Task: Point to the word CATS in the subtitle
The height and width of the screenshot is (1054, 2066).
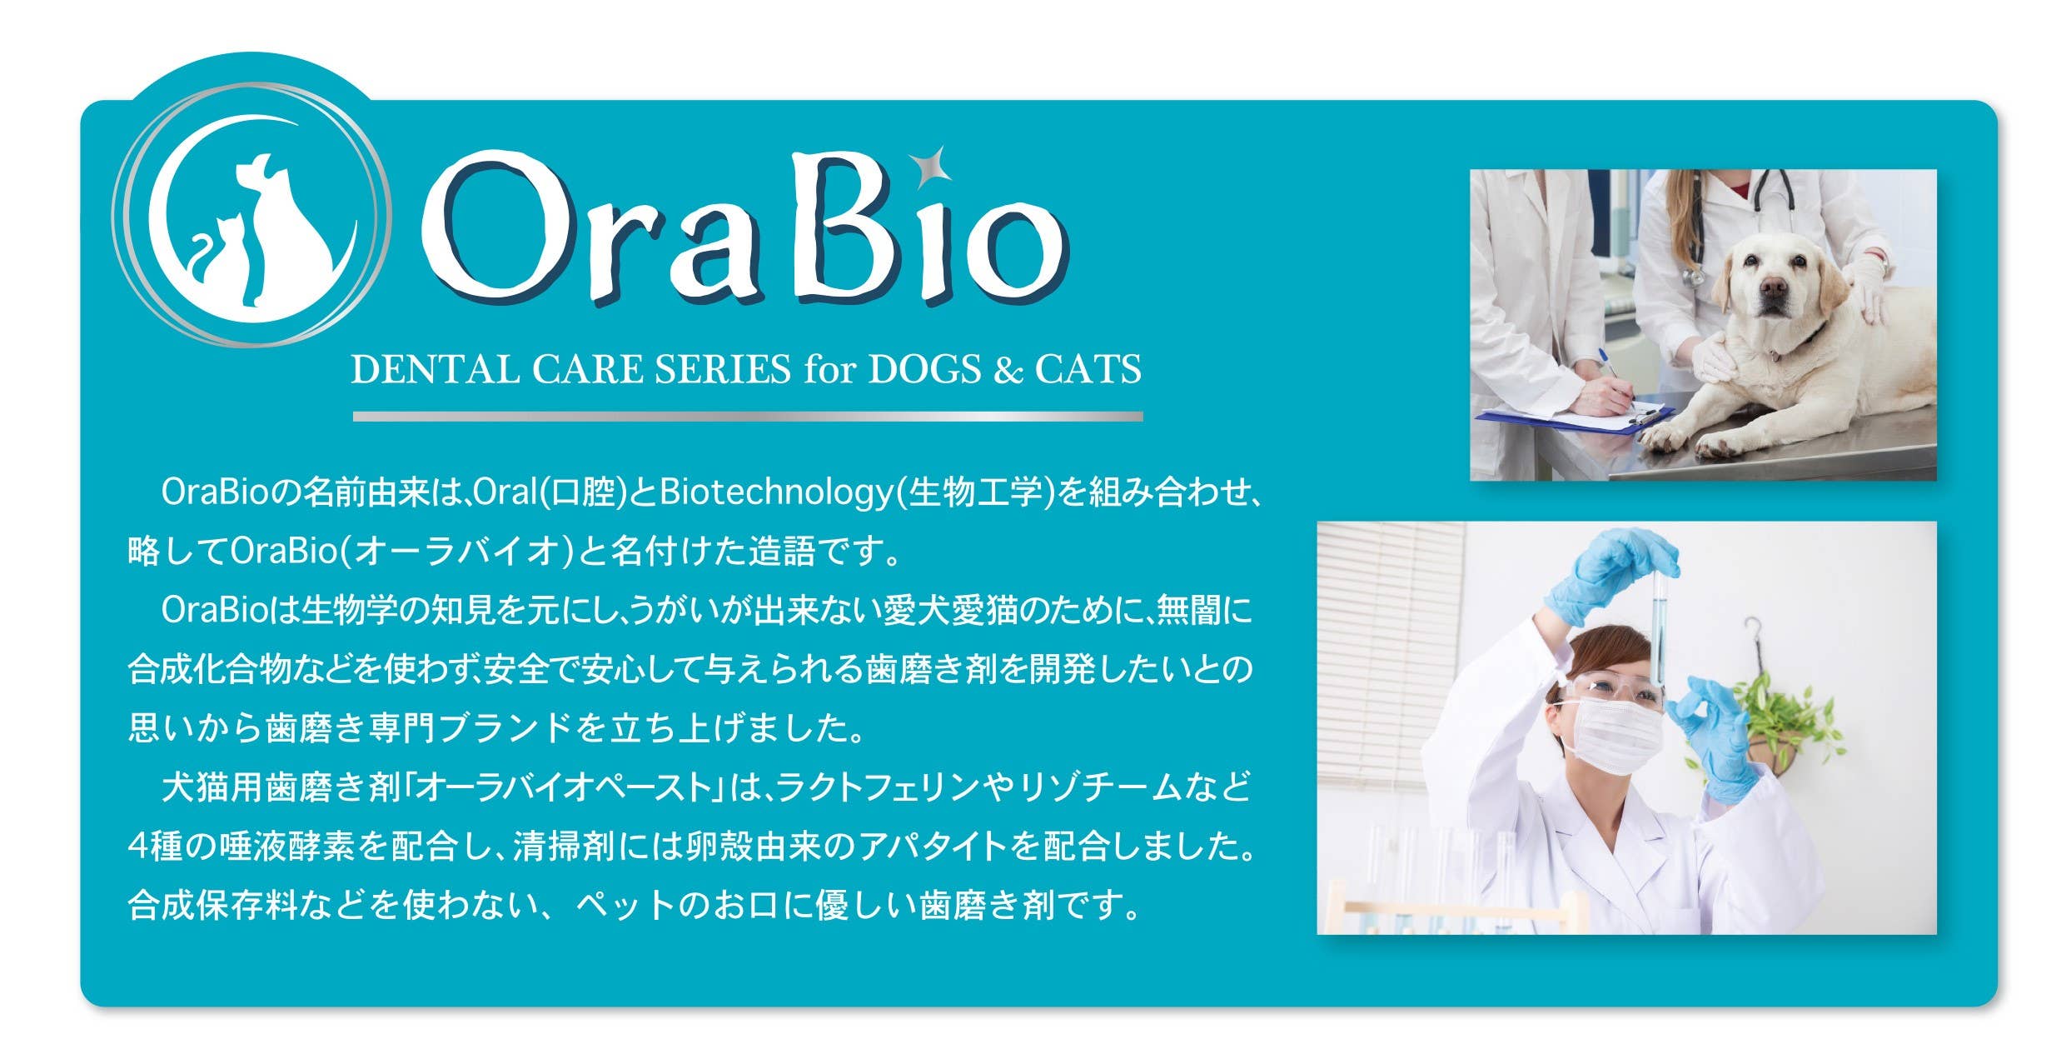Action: pyautogui.click(x=1088, y=369)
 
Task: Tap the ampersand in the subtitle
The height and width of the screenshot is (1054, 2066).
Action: pyautogui.click(x=1008, y=370)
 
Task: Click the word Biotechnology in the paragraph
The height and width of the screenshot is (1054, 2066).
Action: pyautogui.click(x=774, y=492)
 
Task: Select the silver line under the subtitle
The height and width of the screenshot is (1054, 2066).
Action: pyautogui.click(x=747, y=416)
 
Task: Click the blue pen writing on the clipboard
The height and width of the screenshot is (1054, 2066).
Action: pyautogui.click(x=1614, y=371)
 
